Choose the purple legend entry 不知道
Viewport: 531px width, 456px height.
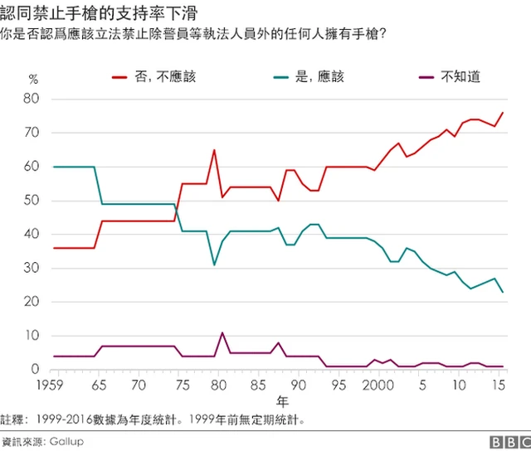click(460, 77)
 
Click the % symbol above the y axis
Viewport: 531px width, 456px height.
click(33, 79)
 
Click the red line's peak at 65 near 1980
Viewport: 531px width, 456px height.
click(214, 150)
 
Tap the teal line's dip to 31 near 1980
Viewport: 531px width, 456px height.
click(214, 264)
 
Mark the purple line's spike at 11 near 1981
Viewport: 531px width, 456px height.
click(222, 332)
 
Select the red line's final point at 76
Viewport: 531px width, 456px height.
click(502, 113)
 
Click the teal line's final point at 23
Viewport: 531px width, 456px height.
click(502, 292)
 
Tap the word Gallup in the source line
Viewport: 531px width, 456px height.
click(66, 442)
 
